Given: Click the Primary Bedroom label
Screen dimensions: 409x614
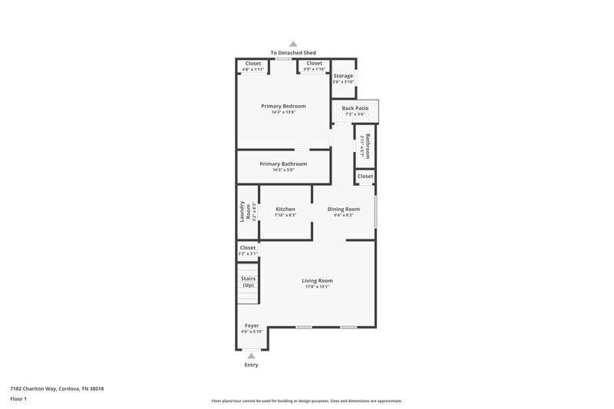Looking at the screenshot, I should (283, 106).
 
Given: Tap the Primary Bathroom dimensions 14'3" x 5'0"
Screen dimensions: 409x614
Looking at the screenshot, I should (283, 170).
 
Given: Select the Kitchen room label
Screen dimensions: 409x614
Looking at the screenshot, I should (286, 209).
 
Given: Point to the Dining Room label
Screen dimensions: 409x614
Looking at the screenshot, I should (343, 209).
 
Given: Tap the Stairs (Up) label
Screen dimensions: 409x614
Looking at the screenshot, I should (248, 282).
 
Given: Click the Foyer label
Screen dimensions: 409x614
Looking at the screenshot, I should (252, 325).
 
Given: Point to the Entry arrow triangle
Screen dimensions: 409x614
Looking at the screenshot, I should (251, 355).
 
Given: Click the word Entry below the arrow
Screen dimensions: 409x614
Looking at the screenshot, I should (251, 364).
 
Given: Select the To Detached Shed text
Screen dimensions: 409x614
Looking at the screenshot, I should (293, 53).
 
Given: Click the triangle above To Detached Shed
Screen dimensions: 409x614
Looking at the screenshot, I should (292, 45).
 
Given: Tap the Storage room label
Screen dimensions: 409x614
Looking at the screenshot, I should (343, 76).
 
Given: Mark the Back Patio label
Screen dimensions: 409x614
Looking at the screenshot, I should (355, 109).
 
